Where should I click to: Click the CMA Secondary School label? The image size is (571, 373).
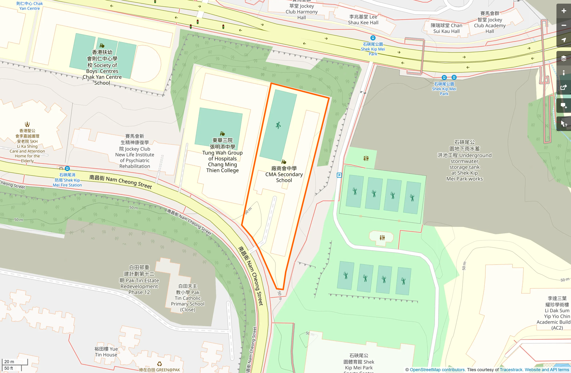(x=284, y=174)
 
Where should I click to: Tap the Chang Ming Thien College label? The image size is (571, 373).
(x=222, y=156)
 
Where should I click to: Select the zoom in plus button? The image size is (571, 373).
(x=563, y=11)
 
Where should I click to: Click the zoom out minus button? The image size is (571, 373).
(x=563, y=25)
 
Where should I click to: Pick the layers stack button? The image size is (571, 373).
(x=563, y=58)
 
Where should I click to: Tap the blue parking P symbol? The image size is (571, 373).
(x=339, y=175)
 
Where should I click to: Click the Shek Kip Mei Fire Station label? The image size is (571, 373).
(x=67, y=180)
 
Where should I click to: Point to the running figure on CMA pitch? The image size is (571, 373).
(x=278, y=125)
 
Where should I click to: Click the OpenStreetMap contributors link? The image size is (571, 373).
(x=437, y=370)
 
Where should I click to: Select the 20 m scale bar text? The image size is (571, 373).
(x=9, y=361)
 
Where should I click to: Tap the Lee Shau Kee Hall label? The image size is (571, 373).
(x=363, y=20)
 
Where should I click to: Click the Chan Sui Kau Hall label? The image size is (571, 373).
(x=446, y=28)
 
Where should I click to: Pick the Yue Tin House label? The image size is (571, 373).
(x=106, y=352)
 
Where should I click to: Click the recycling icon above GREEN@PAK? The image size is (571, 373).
(x=159, y=364)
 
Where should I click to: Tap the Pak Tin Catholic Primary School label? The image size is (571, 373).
(x=188, y=298)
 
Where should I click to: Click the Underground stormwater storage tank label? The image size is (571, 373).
(x=464, y=161)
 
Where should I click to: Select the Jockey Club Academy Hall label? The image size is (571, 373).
(x=489, y=22)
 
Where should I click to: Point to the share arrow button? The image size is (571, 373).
(x=563, y=88)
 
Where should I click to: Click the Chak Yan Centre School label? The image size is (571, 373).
(x=102, y=68)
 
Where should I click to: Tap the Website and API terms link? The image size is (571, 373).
(x=547, y=370)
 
